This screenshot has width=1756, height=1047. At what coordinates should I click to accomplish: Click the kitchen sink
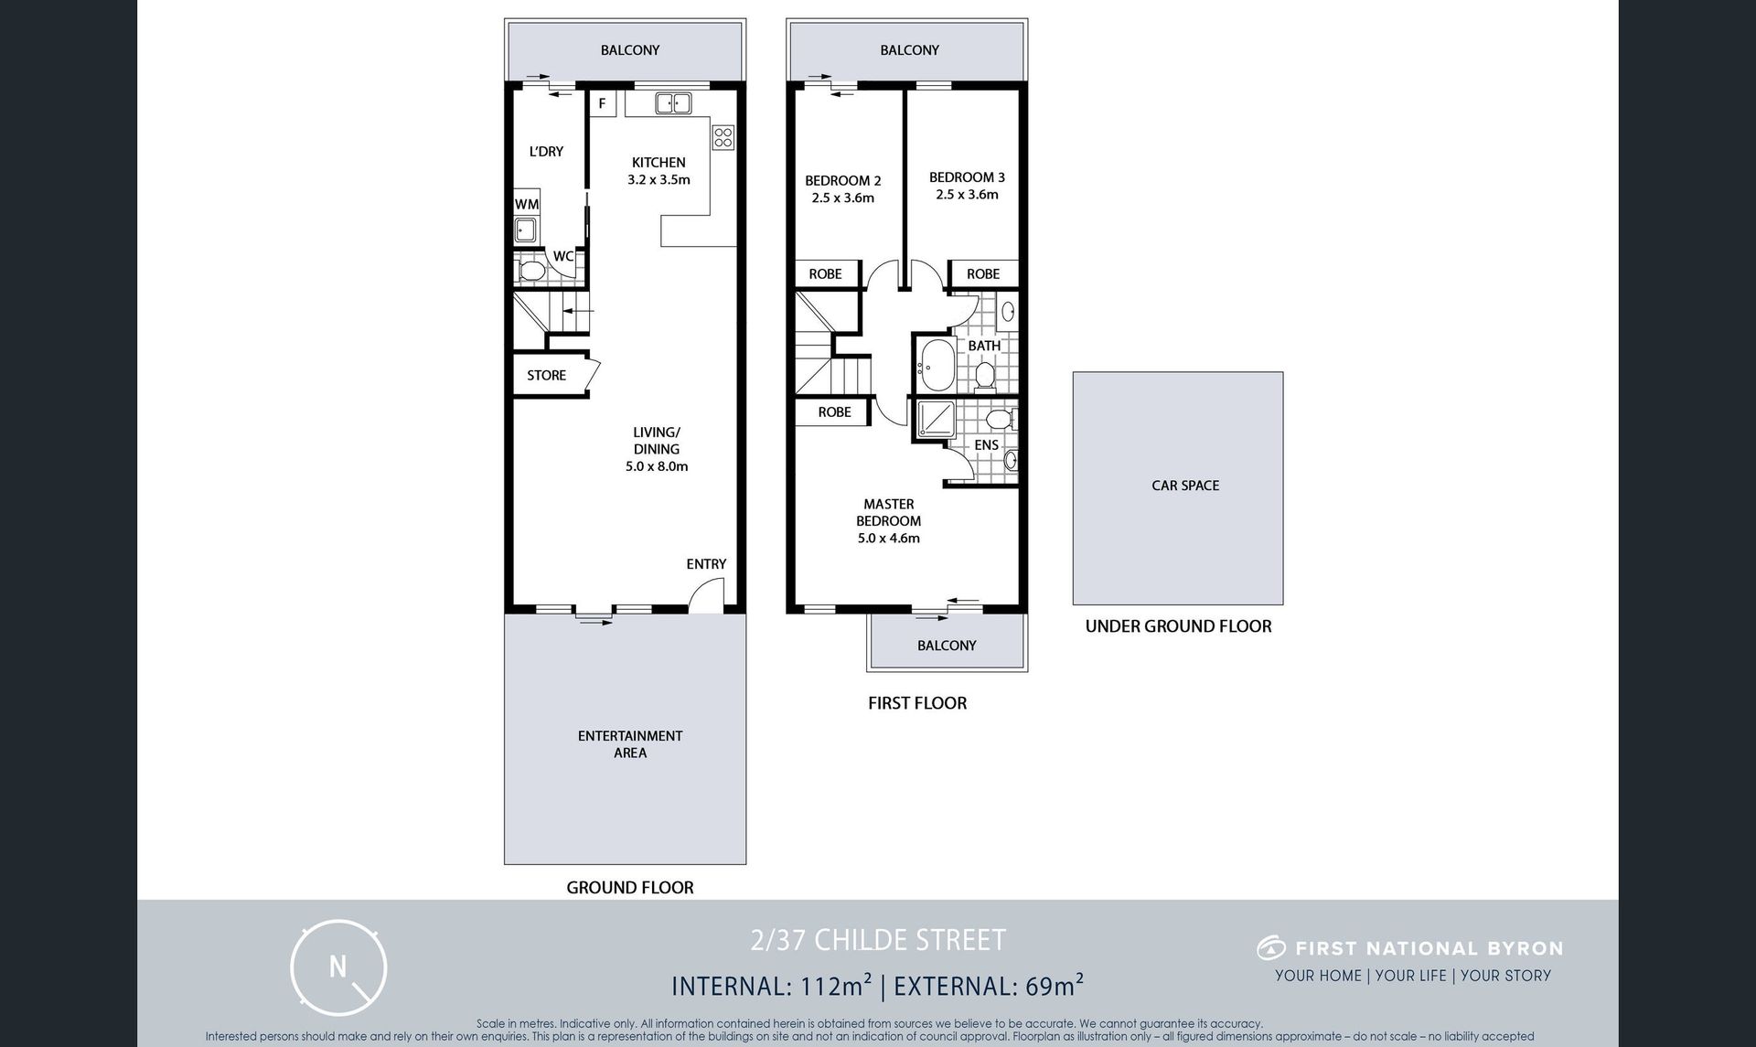[x=673, y=103]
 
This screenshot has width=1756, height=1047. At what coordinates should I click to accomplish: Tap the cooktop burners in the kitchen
[x=723, y=137]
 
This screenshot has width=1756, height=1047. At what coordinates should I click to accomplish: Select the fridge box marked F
[x=602, y=103]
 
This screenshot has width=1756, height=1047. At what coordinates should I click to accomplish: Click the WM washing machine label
[x=527, y=204]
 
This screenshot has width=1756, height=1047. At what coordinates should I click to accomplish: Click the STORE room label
[x=546, y=375]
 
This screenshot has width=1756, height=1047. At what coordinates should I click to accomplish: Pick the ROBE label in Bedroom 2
[x=825, y=273]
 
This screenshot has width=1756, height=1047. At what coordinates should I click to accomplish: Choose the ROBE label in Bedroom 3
[x=983, y=273]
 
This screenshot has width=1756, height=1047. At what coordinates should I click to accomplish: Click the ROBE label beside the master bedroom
[x=834, y=411]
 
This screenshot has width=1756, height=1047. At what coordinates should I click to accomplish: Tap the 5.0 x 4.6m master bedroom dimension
[x=889, y=538]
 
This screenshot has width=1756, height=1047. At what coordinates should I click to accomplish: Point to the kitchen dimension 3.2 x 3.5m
[x=658, y=179]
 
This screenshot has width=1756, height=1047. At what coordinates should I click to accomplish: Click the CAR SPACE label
[x=1185, y=486]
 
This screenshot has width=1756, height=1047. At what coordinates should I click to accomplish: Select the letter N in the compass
[x=338, y=966]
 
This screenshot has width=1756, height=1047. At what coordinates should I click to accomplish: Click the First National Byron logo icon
[x=1271, y=948]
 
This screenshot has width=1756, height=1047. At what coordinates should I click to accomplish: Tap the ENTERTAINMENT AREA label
[x=630, y=744]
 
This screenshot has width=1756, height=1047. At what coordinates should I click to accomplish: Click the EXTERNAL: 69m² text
[x=989, y=986]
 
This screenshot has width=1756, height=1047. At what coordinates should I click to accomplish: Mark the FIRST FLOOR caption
[x=917, y=703]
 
